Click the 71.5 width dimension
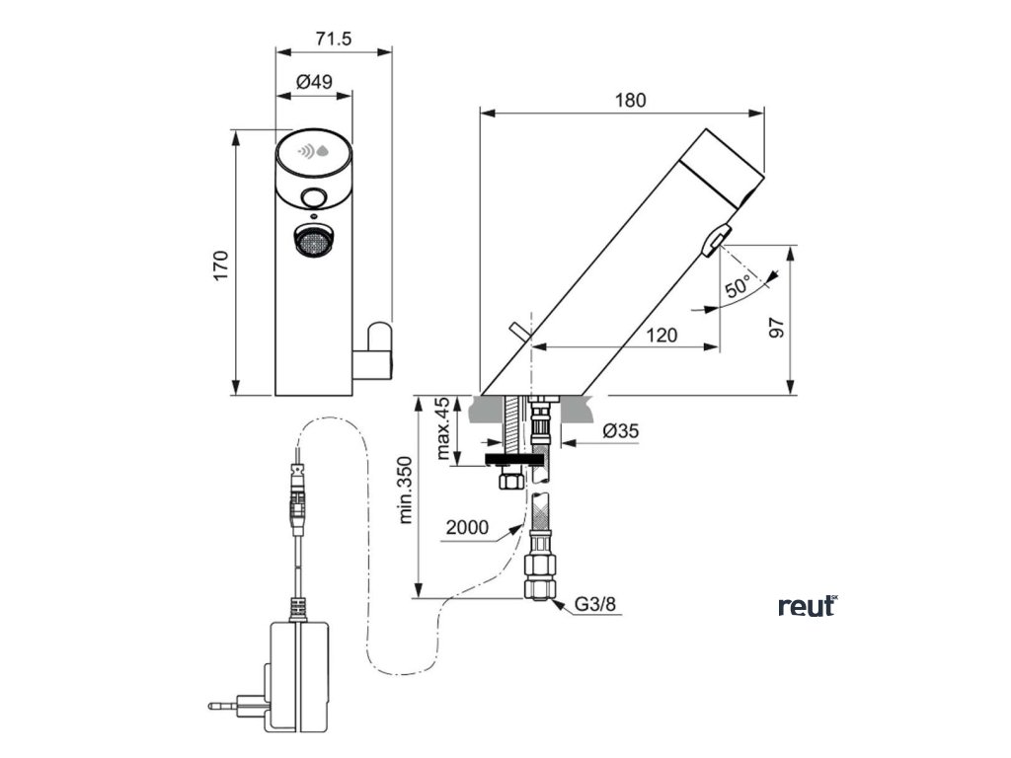334,38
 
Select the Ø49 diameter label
314,83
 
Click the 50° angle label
739,289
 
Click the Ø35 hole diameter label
621,431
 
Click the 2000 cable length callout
466,527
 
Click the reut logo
808,605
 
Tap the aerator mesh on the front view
313,240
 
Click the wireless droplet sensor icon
314,152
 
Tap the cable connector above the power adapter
296,494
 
